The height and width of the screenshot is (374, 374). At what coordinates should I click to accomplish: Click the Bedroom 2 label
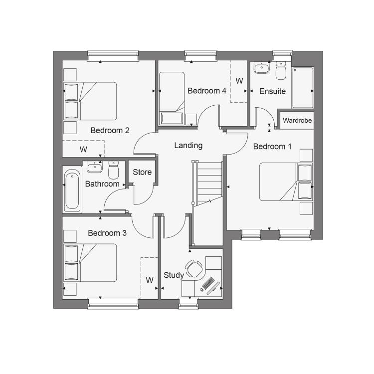point(110,131)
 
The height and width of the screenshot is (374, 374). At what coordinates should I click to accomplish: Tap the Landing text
point(188,146)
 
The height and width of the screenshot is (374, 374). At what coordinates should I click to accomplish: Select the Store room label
point(142,172)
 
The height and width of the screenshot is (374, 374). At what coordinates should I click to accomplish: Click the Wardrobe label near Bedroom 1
point(297,120)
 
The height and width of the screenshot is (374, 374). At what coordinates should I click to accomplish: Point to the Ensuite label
point(272,91)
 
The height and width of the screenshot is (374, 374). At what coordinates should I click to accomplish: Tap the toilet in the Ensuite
point(281,70)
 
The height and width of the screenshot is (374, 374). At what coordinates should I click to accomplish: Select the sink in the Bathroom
point(95,167)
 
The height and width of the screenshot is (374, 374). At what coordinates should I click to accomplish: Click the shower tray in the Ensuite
point(303,88)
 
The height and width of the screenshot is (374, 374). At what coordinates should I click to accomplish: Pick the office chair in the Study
point(193,269)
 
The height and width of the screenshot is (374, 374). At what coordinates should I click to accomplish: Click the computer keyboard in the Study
point(208,283)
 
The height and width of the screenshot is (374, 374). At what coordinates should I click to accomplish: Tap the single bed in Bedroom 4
point(172,98)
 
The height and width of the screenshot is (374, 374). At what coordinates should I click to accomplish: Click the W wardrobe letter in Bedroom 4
point(239,81)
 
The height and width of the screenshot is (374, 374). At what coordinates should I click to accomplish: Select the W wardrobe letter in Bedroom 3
point(150,280)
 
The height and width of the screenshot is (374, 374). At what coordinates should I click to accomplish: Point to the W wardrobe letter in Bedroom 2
point(83,150)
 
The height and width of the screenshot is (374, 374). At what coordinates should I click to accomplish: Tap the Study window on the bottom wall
point(188,303)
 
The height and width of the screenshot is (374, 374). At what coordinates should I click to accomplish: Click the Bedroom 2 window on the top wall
point(113,56)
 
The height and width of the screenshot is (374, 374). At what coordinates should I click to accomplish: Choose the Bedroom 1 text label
point(272,147)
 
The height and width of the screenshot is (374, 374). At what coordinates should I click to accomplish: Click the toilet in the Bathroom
point(114,170)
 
